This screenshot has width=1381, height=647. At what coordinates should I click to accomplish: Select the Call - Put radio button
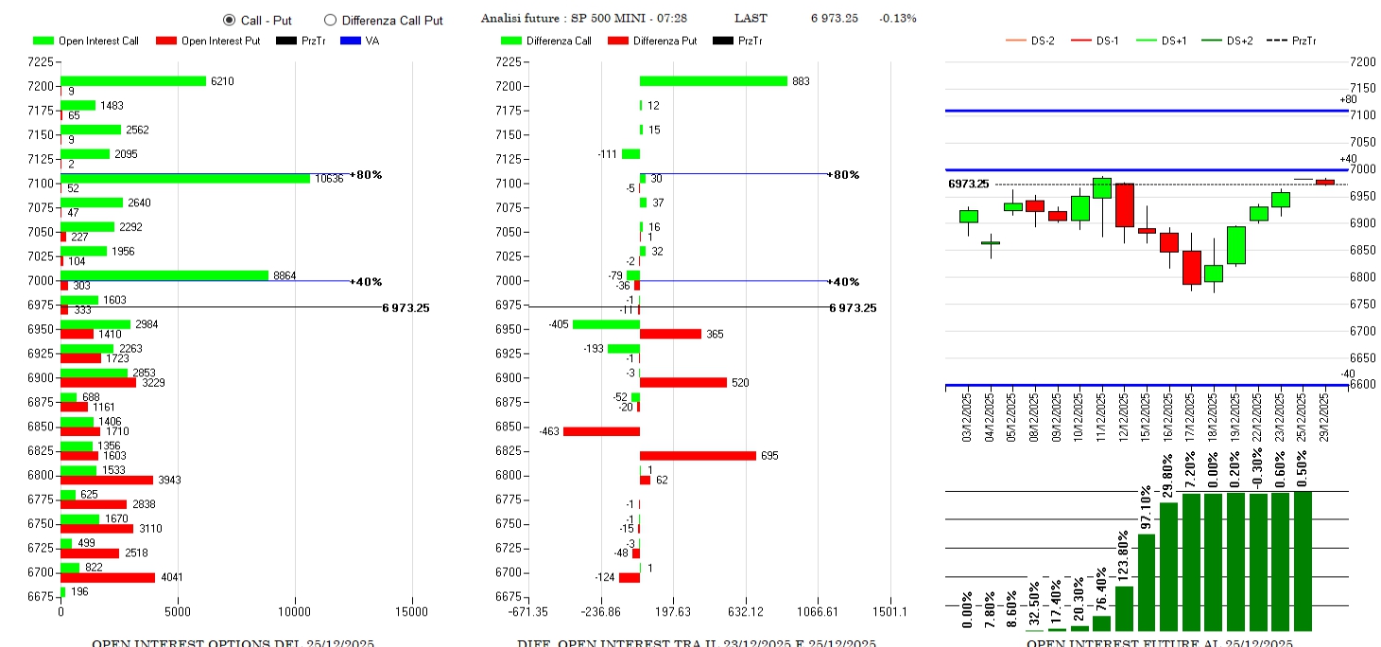[229, 19]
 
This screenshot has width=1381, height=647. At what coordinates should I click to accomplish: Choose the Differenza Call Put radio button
[330, 19]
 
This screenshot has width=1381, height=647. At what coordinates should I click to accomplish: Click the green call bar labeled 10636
[185, 179]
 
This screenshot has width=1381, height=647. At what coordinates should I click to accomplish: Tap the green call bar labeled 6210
[133, 81]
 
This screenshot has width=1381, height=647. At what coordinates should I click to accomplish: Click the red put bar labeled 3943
[107, 480]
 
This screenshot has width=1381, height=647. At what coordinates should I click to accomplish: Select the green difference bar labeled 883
[714, 81]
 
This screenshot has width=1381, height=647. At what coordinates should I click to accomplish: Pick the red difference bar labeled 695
[698, 455]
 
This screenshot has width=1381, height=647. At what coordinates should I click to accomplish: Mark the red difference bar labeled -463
[601, 431]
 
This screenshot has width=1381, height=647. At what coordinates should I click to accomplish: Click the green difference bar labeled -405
[606, 324]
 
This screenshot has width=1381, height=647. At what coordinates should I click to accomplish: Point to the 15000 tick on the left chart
[412, 611]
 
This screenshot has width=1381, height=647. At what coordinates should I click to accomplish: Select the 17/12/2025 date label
[1192, 416]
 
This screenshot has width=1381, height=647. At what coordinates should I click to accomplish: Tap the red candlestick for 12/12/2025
[1124, 204]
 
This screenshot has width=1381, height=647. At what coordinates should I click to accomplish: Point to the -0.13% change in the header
[897, 18]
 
